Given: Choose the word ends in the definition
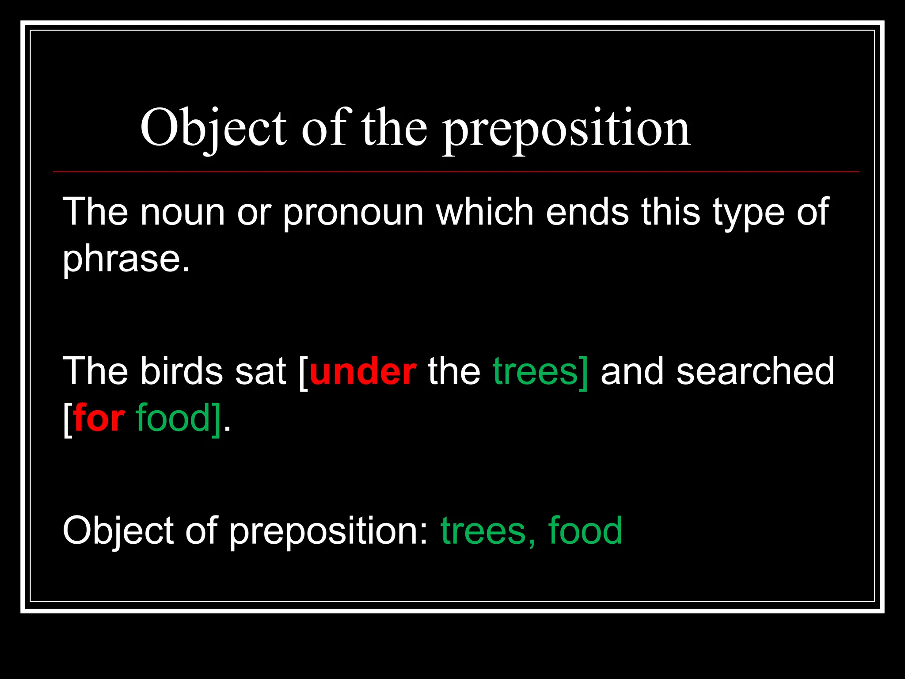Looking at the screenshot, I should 587,212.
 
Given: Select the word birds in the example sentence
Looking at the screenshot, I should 182,371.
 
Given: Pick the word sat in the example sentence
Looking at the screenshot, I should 261,371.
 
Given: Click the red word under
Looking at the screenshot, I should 363,371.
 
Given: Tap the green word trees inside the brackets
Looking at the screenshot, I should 536,371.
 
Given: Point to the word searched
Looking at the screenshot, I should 755,371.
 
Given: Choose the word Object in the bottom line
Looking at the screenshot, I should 118,530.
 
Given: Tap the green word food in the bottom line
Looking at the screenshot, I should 585,530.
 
